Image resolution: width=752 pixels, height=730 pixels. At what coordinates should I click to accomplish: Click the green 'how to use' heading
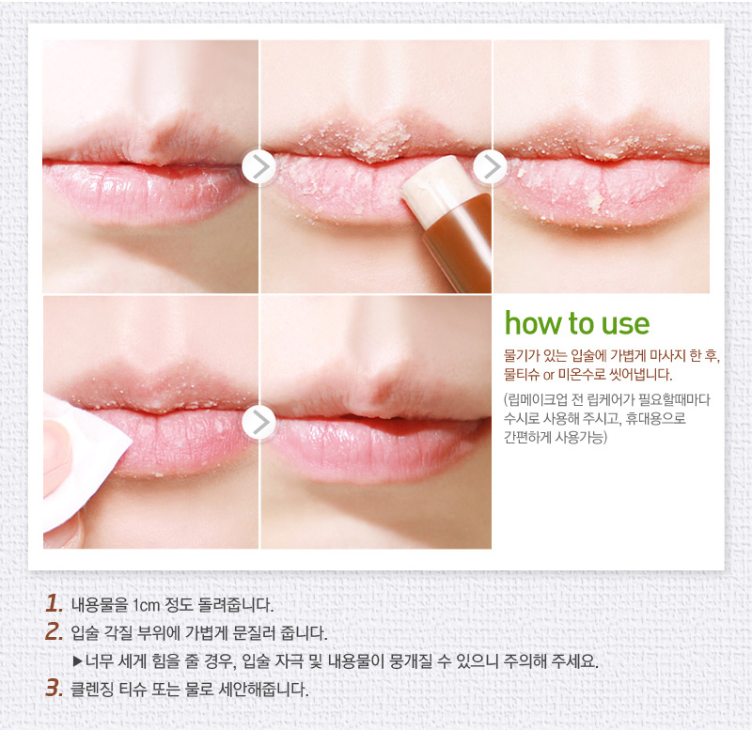pyautogui.click(x=577, y=323)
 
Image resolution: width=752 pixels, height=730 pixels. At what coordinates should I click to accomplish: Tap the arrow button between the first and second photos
pyautogui.click(x=259, y=166)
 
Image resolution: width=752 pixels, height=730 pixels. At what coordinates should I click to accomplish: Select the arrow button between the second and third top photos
pyautogui.click(x=490, y=166)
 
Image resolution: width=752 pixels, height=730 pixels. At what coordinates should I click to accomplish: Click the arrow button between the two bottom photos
pyautogui.click(x=259, y=422)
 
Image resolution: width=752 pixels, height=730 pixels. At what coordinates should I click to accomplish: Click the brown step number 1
pyautogui.click(x=55, y=603)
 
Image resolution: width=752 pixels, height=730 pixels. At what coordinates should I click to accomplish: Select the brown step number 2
pyautogui.click(x=55, y=631)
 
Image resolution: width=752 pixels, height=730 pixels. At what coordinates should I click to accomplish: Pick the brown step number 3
pyautogui.click(x=55, y=689)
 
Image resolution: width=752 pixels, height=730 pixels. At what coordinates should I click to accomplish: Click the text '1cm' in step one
pyautogui.click(x=146, y=605)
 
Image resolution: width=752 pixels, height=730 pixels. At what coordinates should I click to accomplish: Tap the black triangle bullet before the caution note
pyautogui.click(x=78, y=661)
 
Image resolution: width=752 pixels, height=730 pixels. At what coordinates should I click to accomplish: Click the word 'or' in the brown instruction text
pyautogui.click(x=549, y=375)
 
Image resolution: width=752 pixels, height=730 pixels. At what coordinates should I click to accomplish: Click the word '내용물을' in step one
pyautogui.click(x=100, y=604)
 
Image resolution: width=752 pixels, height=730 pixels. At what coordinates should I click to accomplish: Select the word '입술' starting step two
pyautogui.click(x=85, y=632)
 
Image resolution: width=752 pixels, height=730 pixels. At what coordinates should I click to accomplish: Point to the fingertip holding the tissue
pyautogui.click(x=57, y=451)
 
